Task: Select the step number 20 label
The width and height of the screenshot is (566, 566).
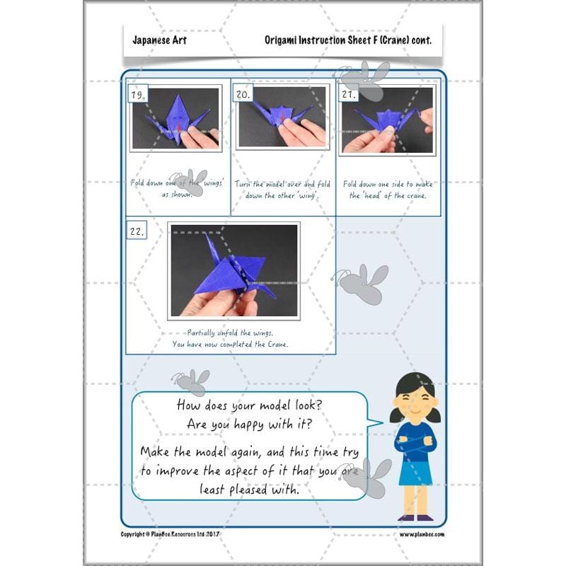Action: click(243, 93)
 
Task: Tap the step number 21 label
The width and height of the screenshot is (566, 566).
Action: click(348, 93)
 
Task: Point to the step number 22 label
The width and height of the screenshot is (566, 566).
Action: click(137, 231)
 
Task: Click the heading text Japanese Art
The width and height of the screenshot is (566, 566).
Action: click(159, 40)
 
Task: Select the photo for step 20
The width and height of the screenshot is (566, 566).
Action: click(282, 117)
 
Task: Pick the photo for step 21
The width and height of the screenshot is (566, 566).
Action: click(386, 119)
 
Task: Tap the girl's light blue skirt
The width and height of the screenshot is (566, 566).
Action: click(415, 472)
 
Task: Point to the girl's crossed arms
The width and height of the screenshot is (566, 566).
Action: click(415, 446)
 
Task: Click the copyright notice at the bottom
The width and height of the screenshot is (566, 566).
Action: click(171, 534)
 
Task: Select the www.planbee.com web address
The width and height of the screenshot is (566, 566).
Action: click(422, 534)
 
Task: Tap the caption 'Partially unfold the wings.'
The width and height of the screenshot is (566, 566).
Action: click(230, 332)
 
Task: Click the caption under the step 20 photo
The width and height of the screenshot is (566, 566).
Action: click(282, 190)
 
